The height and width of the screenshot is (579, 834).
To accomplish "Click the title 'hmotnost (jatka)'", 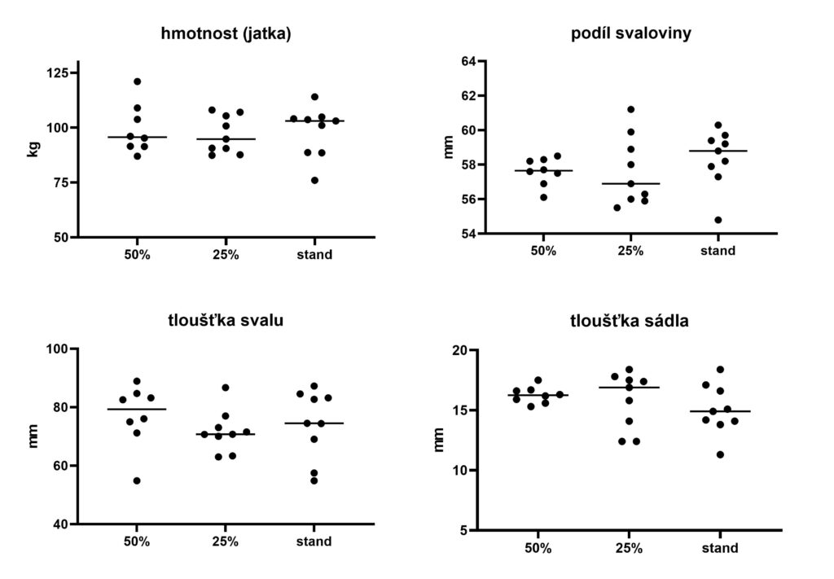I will pos(226,34).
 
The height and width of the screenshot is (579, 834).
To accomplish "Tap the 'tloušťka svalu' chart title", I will pos(226,319).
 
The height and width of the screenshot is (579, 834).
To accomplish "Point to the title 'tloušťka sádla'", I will pos(630,321).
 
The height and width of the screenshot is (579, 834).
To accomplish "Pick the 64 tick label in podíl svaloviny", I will pos(467,61).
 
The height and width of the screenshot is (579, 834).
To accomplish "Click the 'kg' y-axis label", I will pos(33,148).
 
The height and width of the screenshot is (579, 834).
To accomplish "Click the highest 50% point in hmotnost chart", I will pos(137,81).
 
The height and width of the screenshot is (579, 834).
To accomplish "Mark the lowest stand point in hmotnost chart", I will pos(314,180).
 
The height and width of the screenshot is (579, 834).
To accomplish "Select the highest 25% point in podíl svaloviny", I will pos(630,109).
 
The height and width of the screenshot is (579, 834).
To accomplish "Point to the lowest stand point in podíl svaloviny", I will pos(718,220).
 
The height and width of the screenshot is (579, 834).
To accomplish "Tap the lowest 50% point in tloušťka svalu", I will pos(137,480).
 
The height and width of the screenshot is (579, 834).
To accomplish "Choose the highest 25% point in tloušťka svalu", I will pos(226,388).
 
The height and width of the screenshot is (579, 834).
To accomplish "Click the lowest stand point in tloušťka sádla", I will pos(720,454).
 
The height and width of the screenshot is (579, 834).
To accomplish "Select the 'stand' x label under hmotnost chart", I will pos(314,255).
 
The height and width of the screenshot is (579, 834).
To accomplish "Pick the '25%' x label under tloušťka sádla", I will pos(630,548).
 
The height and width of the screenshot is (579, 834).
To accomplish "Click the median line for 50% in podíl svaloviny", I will pos(543,171).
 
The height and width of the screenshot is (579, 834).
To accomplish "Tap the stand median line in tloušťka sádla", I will pos(720,411).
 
